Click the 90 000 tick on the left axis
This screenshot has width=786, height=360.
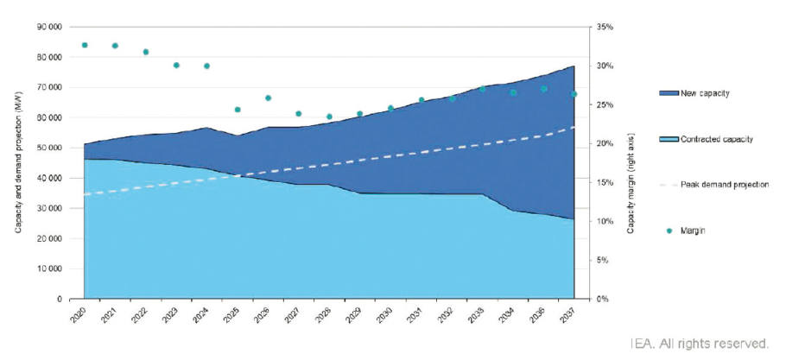(x=48, y=28)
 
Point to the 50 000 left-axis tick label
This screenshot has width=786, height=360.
(x=48, y=148)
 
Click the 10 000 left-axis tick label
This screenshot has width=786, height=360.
(x=48, y=269)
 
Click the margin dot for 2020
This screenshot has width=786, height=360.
(x=85, y=45)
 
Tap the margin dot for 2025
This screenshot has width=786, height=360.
(x=238, y=110)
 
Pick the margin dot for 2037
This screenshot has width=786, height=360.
(x=574, y=94)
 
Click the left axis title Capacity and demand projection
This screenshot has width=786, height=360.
(x=18, y=164)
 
